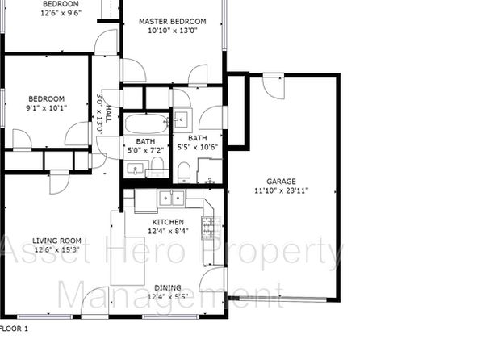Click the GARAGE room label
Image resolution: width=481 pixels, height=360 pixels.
pyautogui.click(x=281, y=182)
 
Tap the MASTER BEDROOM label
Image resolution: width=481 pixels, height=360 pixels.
pyautogui.click(x=173, y=22)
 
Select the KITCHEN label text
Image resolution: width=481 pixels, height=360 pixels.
pyautogui.click(x=168, y=222)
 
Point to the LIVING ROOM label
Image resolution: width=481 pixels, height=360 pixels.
pyautogui.click(x=56, y=241)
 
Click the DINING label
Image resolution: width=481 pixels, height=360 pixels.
pyautogui.click(x=168, y=288)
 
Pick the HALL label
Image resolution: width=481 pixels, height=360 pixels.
pyautogui.click(x=108, y=114)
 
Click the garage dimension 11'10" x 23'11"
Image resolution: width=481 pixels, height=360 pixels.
pyautogui.click(x=281, y=190)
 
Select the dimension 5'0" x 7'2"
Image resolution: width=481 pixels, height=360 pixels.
pyautogui.click(x=145, y=150)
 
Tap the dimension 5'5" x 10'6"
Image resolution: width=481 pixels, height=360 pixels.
pyautogui.click(x=198, y=147)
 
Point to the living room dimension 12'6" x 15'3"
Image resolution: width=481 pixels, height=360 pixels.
pyautogui.click(x=56, y=249)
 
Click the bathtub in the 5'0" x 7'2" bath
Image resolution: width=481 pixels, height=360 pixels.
pyautogui.click(x=147, y=123)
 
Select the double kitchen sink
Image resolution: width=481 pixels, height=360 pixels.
pyautogui.click(x=171, y=199)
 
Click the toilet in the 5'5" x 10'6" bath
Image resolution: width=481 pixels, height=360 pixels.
pyautogui.click(x=184, y=172)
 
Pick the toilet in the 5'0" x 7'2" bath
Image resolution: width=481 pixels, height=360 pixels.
pyautogui.click(x=157, y=164)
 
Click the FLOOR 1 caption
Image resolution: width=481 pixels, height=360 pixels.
pyautogui.click(x=14, y=329)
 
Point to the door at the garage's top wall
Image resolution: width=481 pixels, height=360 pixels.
pyautogui.click(x=274, y=86)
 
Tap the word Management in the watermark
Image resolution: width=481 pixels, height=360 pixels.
pyautogui.click(x=170, y=295)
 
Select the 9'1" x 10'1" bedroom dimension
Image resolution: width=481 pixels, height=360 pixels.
pyautogui.click(x=46, y=107)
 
